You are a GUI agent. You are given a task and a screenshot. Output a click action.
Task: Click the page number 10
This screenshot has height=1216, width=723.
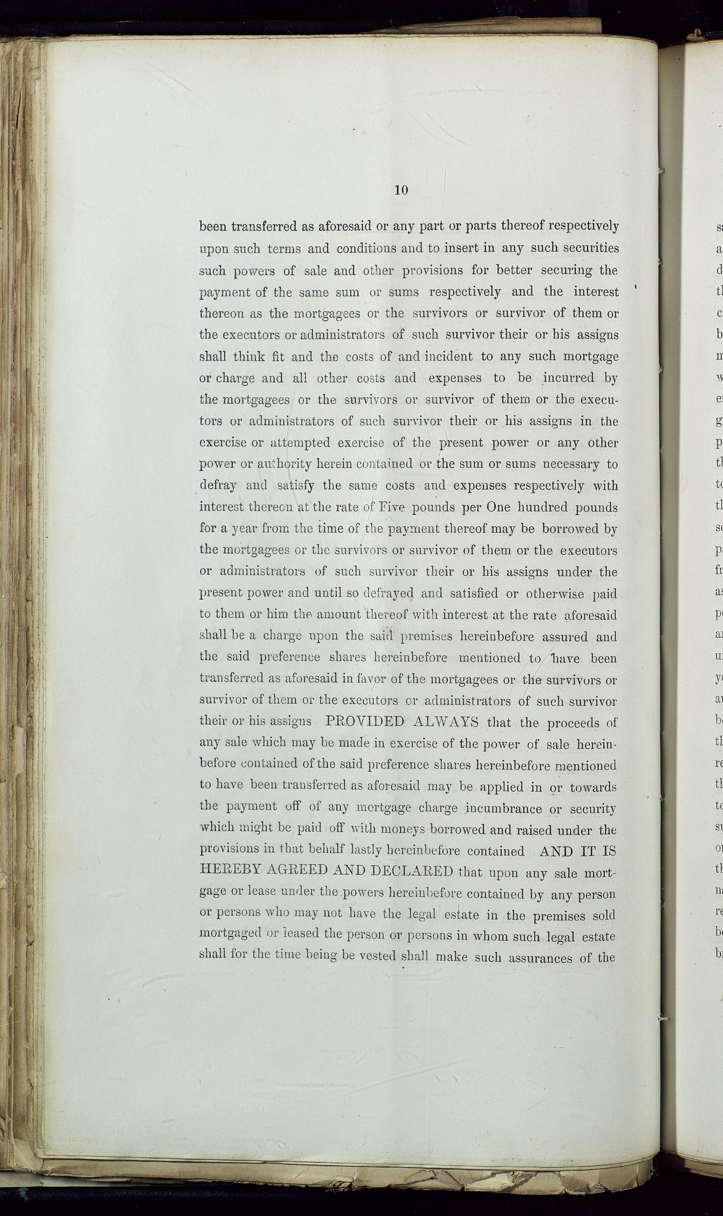click(400, 190)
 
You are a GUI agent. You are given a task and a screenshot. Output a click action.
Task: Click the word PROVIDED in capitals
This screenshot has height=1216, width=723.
click(364, 722)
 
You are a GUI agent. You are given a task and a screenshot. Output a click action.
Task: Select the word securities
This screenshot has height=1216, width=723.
click(590, 248)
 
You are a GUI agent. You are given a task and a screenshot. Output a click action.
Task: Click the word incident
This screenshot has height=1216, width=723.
click(448, 356)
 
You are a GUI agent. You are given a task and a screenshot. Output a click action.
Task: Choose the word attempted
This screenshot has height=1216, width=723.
click(299, 443)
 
